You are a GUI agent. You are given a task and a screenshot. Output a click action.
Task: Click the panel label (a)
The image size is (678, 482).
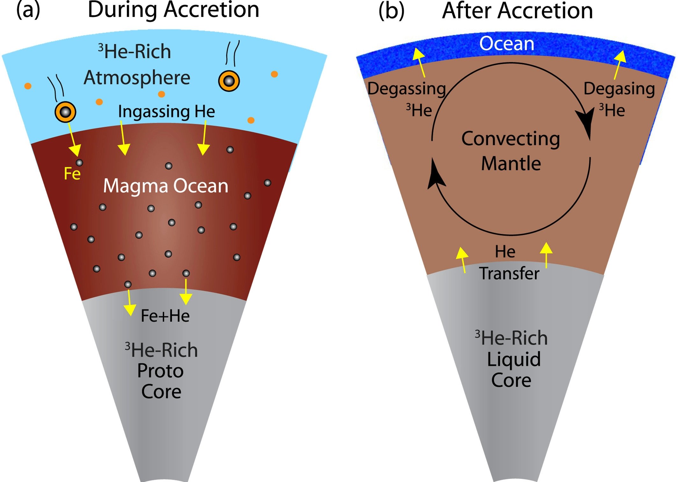28,10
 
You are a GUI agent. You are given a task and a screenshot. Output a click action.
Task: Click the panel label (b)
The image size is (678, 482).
391,11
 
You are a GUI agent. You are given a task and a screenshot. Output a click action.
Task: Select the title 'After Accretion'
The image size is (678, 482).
517,11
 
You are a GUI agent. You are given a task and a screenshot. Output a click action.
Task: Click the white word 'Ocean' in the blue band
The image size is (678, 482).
507,44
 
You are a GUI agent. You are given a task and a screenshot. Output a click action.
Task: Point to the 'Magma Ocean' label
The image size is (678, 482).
166,186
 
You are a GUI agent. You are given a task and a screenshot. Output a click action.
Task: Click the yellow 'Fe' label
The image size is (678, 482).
72,174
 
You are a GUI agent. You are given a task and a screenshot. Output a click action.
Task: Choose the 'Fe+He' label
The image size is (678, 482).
165,316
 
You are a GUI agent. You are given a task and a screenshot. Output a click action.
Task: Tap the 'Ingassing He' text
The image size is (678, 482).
166,112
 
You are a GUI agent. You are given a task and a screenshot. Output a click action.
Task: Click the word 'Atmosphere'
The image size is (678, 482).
137,78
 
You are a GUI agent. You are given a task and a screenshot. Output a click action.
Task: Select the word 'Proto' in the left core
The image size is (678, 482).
160,371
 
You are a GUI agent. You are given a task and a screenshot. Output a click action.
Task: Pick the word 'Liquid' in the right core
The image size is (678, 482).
514,359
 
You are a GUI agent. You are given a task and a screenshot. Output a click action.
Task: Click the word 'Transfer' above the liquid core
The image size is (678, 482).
509,273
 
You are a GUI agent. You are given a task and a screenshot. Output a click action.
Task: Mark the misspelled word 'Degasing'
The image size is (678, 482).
619,89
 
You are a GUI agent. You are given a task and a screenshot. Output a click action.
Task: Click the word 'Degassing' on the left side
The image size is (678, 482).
407,89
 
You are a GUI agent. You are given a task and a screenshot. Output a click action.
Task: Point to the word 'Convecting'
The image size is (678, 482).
511,139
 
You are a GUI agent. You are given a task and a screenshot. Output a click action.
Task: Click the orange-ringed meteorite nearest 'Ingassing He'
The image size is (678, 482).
65,112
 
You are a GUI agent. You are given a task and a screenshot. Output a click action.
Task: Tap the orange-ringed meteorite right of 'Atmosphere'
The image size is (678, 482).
229,81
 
